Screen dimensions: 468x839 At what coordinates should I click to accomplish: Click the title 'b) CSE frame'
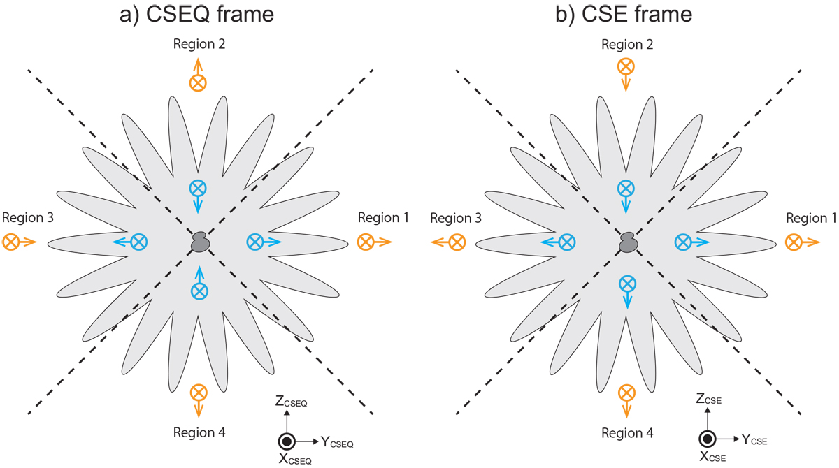[627, 15]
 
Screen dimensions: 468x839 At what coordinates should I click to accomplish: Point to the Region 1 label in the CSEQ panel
[383, 218]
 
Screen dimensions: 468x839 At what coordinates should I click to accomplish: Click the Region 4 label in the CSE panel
[627, 434]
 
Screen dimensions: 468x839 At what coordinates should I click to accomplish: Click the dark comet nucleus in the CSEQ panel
[200, 242]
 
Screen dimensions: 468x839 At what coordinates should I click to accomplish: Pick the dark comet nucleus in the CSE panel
[627, 242]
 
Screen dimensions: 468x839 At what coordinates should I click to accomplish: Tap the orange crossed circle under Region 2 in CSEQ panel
[198, 82]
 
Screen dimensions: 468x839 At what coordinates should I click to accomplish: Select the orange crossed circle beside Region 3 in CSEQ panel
[11, 242]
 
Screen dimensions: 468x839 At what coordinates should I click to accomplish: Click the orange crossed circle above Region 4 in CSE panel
[627, 392]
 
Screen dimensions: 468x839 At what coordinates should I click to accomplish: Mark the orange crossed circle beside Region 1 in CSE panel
[794, 242]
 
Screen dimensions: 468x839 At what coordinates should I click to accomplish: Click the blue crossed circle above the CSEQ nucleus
[198, 188]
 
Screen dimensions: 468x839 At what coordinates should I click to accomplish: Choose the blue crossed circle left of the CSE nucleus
[567, 242]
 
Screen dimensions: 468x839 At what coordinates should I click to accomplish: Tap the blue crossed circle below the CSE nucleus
[627, 283]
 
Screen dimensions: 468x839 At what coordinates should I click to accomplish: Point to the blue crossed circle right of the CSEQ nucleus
[254, 242]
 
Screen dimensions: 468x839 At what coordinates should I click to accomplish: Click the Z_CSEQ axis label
[292, 402]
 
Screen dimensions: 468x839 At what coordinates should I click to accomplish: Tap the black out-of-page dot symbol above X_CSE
[707, 439]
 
